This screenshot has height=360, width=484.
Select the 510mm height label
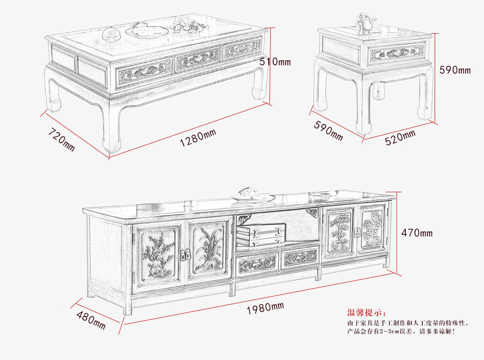click(275, 62)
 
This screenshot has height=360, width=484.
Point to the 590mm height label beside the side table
click(455, 70)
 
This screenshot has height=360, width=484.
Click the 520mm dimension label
click(400, 137)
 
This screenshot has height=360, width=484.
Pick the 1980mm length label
click(265, 308)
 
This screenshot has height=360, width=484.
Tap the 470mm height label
click(417, 233)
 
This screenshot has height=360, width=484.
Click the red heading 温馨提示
click(366, 313)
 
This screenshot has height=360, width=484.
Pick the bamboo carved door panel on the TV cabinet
click(341, 231)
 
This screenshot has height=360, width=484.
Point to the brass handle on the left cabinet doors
click(186, 254)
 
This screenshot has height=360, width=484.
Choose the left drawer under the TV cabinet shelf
click(257, 265)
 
